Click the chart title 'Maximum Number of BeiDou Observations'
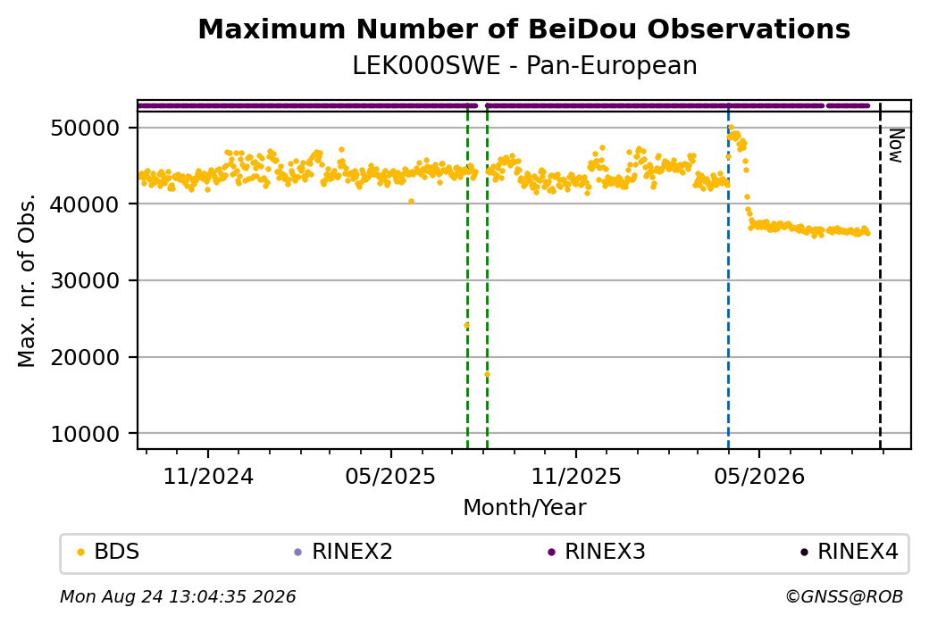coord(523,29)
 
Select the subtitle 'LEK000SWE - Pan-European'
coord(524,66)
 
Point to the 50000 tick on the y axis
coord(86,128)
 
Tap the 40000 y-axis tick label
coord(86,204)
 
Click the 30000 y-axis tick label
coord(86,280)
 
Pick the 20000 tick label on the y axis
coord(86,358)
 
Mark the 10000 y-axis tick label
coord(86,434)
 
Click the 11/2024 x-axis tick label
coord(208,476)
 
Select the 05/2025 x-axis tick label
coord(390,476)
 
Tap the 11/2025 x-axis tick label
coord(576,476)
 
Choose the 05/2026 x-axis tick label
coord(759,476)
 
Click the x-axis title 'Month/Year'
coord(524,507)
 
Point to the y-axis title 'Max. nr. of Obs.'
coord(27,280)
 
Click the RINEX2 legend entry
coord(344,552)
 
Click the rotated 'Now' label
coord(897,146)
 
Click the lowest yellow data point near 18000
coord(487,375)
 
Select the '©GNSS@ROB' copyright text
coord(844,596)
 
